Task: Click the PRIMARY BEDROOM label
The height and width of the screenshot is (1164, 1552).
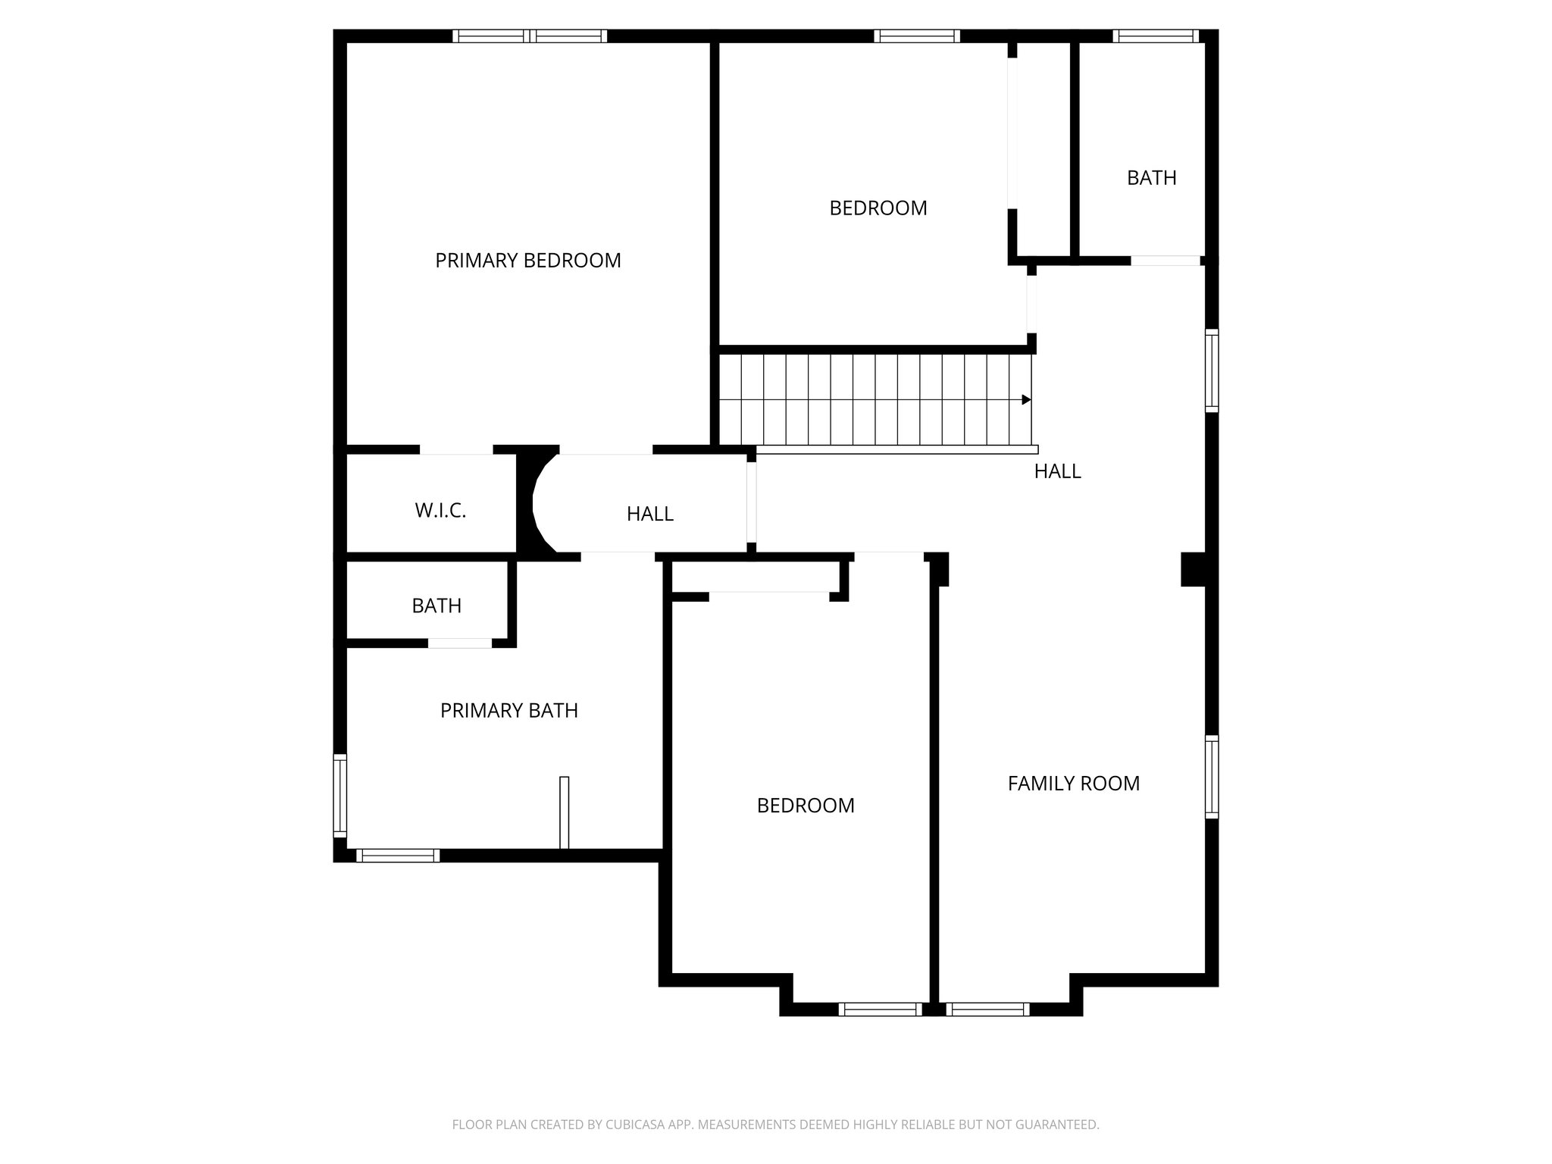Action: (527, 261)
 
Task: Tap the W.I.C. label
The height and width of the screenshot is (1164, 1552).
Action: (440, 511)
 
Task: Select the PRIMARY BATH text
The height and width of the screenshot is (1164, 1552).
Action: (508, 711)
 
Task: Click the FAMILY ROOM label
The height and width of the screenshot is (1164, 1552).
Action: (1073, 784)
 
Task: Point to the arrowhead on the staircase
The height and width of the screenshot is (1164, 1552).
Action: (1026, 399)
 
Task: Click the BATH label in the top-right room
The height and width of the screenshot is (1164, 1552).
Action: (1151, 178)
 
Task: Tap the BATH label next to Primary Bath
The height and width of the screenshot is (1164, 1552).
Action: (436, 606)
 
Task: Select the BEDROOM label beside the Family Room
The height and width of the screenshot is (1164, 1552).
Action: (806, 806)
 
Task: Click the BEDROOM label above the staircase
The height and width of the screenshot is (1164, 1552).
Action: (878, 208)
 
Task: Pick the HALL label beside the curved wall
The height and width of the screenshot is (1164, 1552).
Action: (649, 515)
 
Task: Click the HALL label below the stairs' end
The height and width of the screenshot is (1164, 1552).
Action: (1057, 471)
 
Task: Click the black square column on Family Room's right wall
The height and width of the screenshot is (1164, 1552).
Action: (1193, 569)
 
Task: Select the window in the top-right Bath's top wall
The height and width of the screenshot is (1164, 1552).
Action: (1155, 36)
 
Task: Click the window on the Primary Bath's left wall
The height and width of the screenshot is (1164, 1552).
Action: (340, 796)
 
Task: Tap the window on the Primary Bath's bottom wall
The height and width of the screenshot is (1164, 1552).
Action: (398, 856)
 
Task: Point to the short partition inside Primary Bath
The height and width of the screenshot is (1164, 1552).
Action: (564, 812)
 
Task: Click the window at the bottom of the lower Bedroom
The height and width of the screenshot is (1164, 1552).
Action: (880, 1009)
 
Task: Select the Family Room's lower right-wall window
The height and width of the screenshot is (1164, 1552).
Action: (1211, 777)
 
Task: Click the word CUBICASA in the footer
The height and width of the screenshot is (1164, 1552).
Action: (635, 1146)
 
